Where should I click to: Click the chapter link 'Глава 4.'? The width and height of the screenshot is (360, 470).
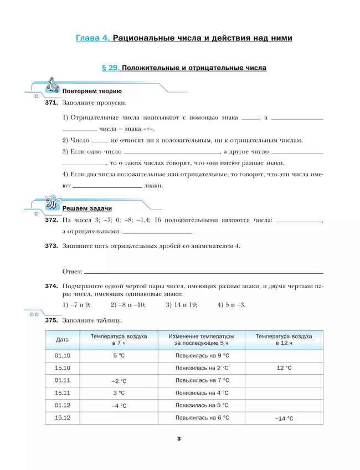pyautogui.click(x=92, y=38)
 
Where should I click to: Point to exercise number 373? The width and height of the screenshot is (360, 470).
pyautogui.click(x=52, y=246)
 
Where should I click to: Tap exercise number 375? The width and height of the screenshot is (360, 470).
pyautogui.click(x=52, y=320)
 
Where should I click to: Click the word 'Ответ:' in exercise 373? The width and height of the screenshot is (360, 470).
pyautogui.click(x=73, y=272)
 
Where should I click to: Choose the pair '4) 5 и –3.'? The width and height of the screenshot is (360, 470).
pyautogui.click(x=232, y=305)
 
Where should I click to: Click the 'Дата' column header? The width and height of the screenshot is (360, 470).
pyautogui.click(x=63, y=339)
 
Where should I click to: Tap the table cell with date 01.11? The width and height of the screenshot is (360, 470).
pyautogui.click(x=63, y=380)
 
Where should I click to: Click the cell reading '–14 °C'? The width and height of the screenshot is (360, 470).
pyautogui.click(x=284, y=418)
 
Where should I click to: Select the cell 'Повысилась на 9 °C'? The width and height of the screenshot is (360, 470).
pyautogui.click(x=202, y=355)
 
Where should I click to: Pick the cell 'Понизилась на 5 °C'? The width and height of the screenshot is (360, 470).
pyautogui.click(x=202, y=406)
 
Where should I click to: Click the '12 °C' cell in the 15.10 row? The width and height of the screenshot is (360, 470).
pyautogui.click(x=284, y=367)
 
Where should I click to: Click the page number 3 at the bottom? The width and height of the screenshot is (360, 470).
pyautogui.click(x=179, y=439)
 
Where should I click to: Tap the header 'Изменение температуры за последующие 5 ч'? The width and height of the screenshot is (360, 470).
pyautogui.click(x=202, y=339)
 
